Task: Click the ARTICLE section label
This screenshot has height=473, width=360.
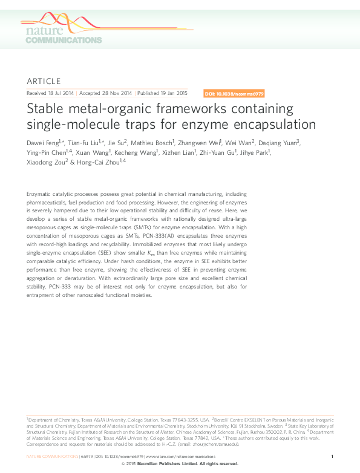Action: tap(44, 81)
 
